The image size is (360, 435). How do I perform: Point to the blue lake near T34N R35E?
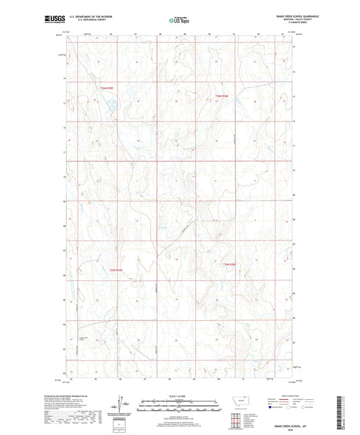(x=107, y=105)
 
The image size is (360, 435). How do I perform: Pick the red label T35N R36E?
(x=230, y=265)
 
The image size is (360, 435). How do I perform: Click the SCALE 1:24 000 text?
(x=179, y=396)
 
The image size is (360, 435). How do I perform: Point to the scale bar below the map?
(x=179, y=403)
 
